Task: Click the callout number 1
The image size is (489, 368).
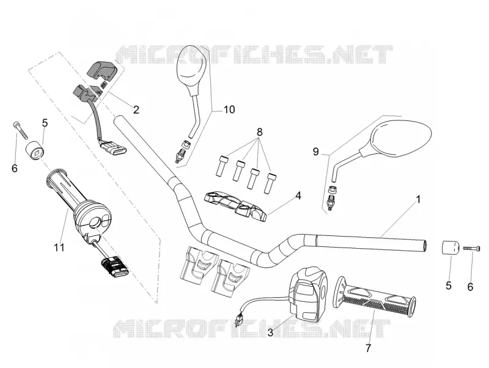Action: point(419,199)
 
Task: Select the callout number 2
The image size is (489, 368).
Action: point(136,109)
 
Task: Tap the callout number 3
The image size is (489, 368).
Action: point(270,333)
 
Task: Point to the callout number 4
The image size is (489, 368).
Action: point(298,196)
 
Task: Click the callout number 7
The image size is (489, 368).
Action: point(369,348)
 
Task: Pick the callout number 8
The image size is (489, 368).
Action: point(259,132)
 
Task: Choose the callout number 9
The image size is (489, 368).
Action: point(316,152)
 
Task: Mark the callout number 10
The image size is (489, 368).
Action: point(229,109)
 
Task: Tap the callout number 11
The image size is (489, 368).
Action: point(59,248)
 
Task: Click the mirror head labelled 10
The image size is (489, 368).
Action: point(191,70)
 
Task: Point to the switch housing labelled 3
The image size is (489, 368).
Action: point(309,294)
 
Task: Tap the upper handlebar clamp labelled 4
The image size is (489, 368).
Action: point(235,207)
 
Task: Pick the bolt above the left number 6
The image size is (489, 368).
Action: point(20,131)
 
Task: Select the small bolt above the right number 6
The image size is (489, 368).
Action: point(471,248)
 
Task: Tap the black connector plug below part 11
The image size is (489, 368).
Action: point(115,269)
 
